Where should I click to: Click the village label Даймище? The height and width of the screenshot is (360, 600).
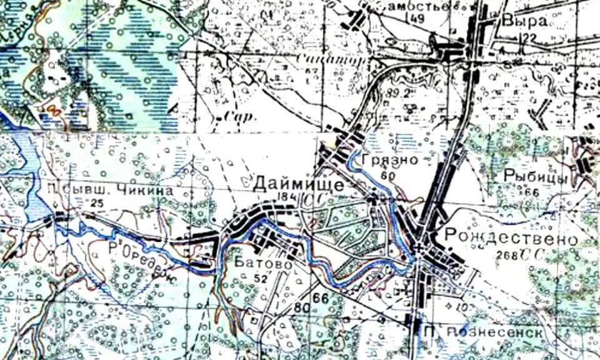pyautogui.click(x=298, y=184)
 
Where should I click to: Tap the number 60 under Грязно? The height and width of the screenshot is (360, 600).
pyautogui.click(x=388, y=176)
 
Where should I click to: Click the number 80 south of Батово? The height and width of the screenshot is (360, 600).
pyautogui.click(x=301, y=307)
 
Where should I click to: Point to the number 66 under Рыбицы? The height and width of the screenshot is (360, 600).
pyautogui.click(x=532, y=191)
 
